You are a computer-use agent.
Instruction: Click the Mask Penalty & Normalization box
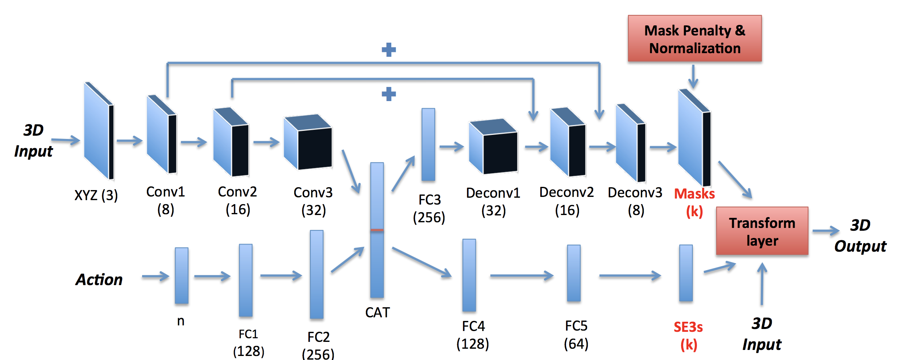694,39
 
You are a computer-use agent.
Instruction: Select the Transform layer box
762,231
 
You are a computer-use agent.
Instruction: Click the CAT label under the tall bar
377,312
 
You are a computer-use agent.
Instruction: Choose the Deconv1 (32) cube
494,147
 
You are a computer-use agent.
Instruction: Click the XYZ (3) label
96,195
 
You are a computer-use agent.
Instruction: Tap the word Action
99,279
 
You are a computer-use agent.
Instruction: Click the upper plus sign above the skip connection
388,50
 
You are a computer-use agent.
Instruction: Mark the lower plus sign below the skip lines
388,94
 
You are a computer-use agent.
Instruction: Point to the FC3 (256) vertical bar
428,144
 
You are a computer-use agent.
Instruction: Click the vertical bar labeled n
182,275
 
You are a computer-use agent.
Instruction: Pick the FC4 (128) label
473,335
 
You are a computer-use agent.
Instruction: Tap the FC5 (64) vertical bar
574,273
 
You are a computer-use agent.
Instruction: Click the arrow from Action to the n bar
155,277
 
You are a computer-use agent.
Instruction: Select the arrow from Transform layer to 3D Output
825,231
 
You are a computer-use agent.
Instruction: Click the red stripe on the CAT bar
377,230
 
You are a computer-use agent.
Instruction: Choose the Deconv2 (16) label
567,201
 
